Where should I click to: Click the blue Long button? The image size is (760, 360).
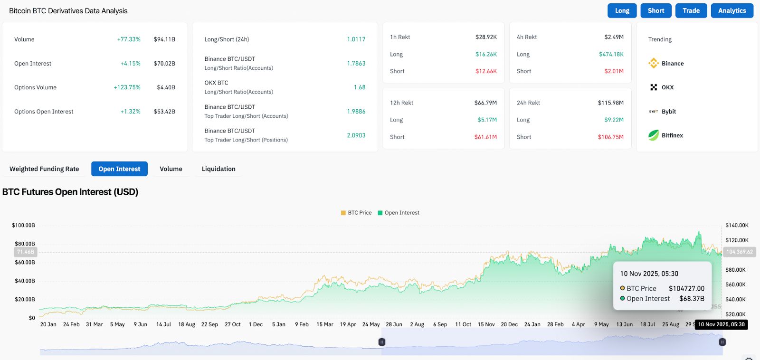[x=622, y=10]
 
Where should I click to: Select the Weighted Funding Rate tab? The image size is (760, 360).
[x=44, y=169]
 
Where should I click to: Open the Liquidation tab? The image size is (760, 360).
[x=218, y=169]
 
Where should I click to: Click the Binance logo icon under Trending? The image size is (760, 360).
[x=654, y=63]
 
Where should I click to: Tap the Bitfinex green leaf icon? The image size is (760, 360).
[x=654, y=135]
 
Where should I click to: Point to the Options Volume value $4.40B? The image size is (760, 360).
[x=166, y=87]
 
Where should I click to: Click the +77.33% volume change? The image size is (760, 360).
[x=129, y=39]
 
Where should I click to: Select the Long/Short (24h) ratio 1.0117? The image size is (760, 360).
[x=356, y=39]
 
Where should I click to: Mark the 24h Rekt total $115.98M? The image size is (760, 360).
[x=610, y=103]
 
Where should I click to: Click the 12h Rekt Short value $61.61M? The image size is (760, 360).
[x=485, y=137]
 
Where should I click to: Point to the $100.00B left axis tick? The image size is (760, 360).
[x=23, y=225]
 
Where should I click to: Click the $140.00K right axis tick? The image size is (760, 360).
[x=737, y=225]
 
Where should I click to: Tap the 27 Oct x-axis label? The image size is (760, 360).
[x=233, y=324]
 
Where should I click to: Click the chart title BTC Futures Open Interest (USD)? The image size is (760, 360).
[x=70, y=192]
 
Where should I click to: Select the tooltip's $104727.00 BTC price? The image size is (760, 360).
[x=686, y=288]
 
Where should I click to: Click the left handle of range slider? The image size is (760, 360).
[x=381, y=342]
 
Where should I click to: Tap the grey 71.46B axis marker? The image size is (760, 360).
[x=26, y=252]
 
